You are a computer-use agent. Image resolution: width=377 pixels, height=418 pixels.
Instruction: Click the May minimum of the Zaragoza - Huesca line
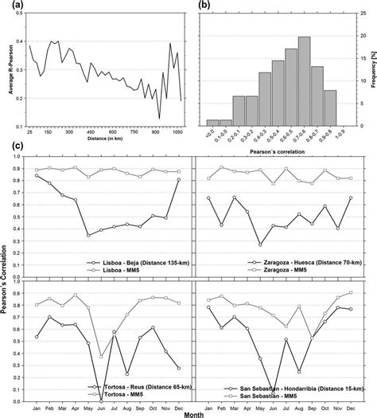click(x=260, y=244)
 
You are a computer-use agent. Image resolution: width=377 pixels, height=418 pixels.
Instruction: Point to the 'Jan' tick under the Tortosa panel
click(x=37, y=403)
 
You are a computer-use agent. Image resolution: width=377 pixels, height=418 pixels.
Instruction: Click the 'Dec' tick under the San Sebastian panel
click(x=351, y=403)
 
